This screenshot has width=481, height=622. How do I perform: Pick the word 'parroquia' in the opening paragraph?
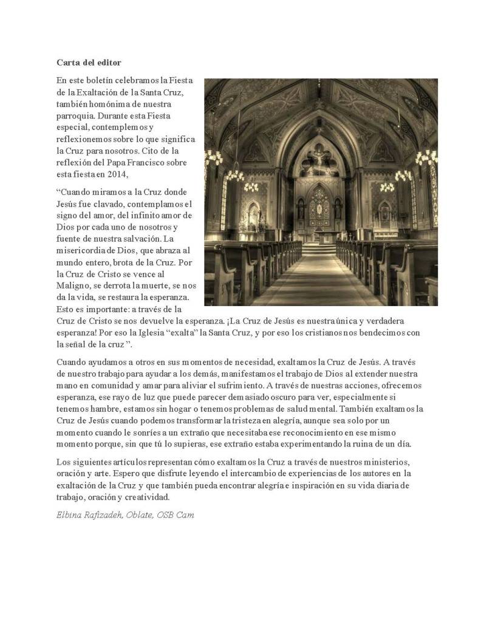click(x=76, y=115)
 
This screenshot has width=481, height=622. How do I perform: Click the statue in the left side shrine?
click(x=252, y=214)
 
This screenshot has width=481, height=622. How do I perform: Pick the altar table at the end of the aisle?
click(x=319, y=236)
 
